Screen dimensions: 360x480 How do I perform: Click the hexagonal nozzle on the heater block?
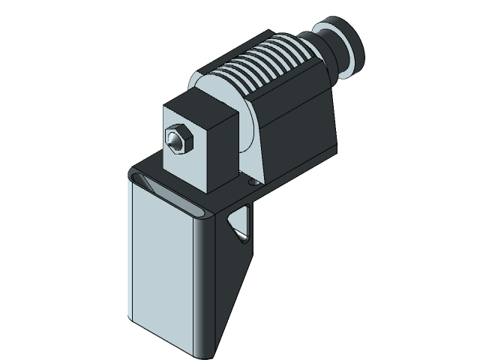(176, 139)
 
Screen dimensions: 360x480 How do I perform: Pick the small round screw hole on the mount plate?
(253, 181)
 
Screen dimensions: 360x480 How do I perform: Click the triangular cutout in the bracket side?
(241, 223)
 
